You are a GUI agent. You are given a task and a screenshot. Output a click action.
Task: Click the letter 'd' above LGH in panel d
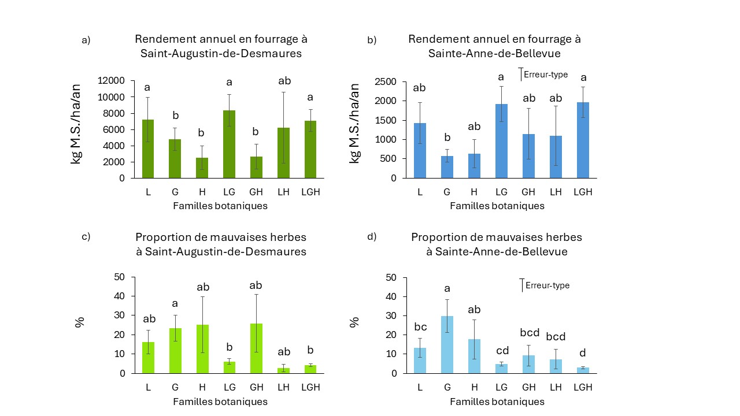583,354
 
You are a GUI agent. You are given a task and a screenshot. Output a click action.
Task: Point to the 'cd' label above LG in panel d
502,350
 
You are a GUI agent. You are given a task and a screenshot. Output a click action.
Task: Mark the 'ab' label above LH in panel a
284,81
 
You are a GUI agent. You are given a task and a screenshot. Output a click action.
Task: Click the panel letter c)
86,237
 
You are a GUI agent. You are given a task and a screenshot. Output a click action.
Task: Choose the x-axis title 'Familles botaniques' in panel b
497,206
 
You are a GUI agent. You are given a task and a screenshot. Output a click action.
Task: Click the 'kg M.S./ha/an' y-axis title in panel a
76,124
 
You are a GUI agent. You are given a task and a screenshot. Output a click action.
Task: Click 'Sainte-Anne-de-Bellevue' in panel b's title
494,54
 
